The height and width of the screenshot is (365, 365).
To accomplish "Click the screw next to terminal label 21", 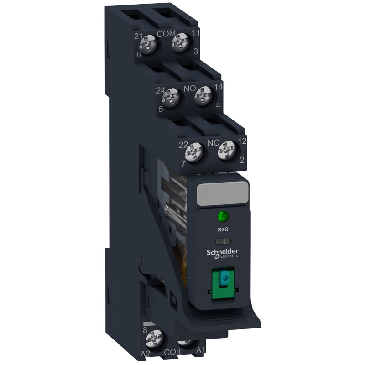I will tap(151, 46).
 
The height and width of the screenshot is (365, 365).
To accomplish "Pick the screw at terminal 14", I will tap(202, 96).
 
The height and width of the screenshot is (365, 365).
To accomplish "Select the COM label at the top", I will tap(166, 33).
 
